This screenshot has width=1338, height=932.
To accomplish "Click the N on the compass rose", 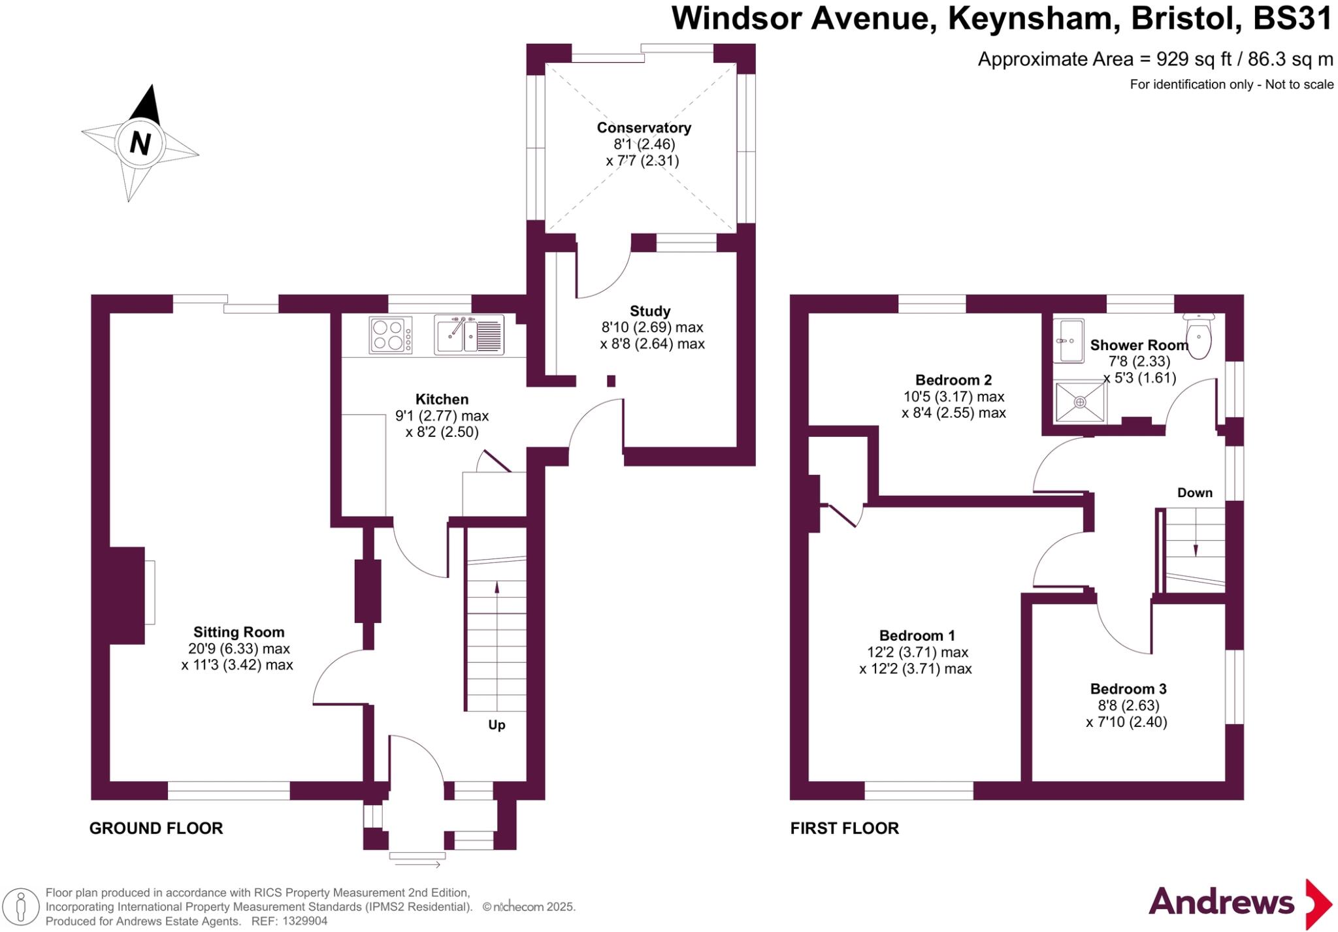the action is pyautogui.click(x=140, y=142).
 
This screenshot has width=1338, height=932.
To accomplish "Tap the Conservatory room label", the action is pyautogui.click(x=644, y=127).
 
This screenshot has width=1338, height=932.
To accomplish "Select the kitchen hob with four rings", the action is pyautogui.click(x=391, y=335).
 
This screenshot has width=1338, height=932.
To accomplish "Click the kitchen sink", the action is pyautogui.click(x=468, y=335).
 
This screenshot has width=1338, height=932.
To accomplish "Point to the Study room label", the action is pyautogui.click(x=650, y=311).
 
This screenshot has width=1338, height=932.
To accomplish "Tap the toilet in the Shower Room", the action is pyautogui.click(x=1198, y=336).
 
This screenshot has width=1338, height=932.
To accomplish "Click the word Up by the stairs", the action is pyautogui.click(x=497, y=725).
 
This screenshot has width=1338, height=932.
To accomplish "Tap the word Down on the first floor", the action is pyautogui.click(x=1195, y=493).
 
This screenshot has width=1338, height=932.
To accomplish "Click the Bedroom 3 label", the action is pyautogui.click(x=1128, y=689).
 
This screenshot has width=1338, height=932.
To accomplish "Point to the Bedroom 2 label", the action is pyautogui.click(x=953, y=380).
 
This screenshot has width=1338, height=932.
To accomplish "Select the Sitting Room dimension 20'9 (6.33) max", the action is pyautogui.click(x=238, y=649).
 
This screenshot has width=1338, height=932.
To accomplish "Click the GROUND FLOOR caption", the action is pyautogui.click(x=156, y=828).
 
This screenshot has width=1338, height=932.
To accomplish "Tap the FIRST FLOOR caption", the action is pyautogui.click(x=844, y=828).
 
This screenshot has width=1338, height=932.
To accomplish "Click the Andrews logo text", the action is pyautogui.click(x=1221, y=903).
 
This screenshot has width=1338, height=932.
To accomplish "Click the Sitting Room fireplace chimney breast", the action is pyautogui.click(x=127, y=595).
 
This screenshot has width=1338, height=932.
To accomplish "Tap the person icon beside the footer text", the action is pyautogui.click(x=21, y=907).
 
